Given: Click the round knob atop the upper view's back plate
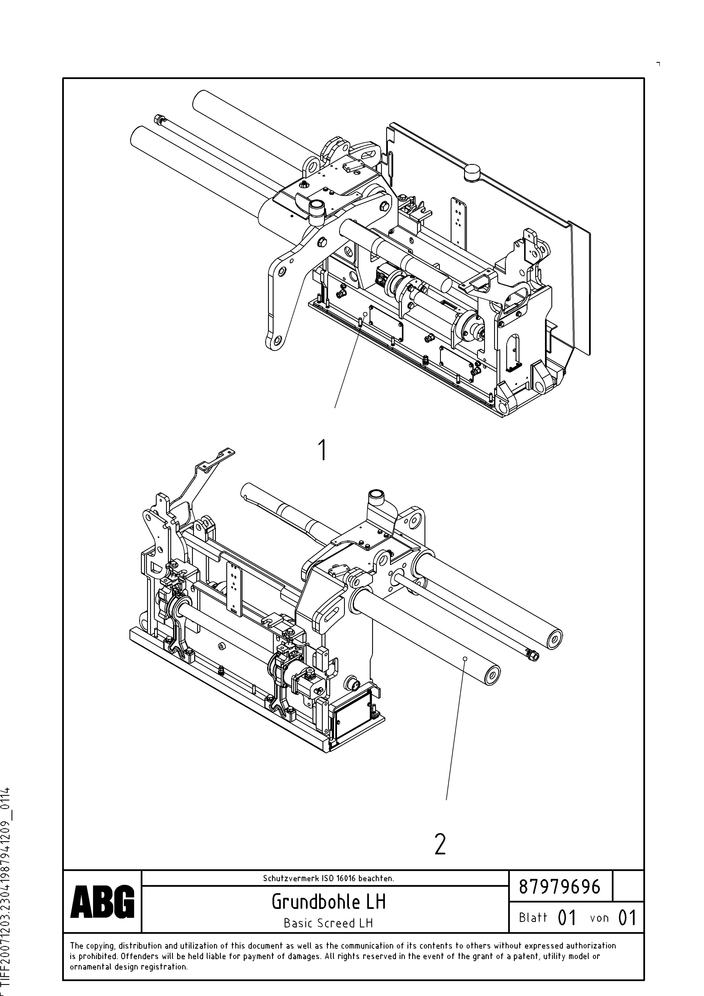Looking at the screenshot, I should coord(472,172).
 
